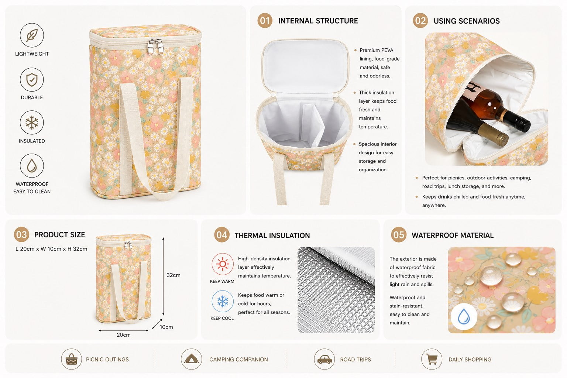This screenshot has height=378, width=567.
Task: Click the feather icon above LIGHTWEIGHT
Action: point(32,35)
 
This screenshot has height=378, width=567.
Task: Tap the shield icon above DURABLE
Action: point(32,79)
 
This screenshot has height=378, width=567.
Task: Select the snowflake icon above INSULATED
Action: point(32,123)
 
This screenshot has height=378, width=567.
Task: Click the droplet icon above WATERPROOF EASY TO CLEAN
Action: point(32,166)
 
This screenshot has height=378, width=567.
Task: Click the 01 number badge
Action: point(265,21)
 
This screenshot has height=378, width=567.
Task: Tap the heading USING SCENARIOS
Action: point(467,21)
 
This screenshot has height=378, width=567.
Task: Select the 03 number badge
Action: point(21,234)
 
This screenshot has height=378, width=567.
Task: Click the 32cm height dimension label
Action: point(173,275)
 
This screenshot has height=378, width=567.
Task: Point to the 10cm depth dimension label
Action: point(166,327)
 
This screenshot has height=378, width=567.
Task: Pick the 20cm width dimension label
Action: point(124,335)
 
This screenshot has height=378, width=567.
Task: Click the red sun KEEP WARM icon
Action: point(223,264)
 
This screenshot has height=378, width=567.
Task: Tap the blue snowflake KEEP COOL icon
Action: point(223,301)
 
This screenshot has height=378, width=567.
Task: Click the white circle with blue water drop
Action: point(464,316)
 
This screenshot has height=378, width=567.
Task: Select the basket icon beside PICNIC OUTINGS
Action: point(71,359)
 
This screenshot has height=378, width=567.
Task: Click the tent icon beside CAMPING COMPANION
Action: point(191,359)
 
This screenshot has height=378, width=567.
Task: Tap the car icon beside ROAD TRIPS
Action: point(324,359)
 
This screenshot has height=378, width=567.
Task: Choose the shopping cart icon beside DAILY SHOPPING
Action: point(432,359)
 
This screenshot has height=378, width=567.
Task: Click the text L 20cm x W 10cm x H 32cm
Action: point(51,249)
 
